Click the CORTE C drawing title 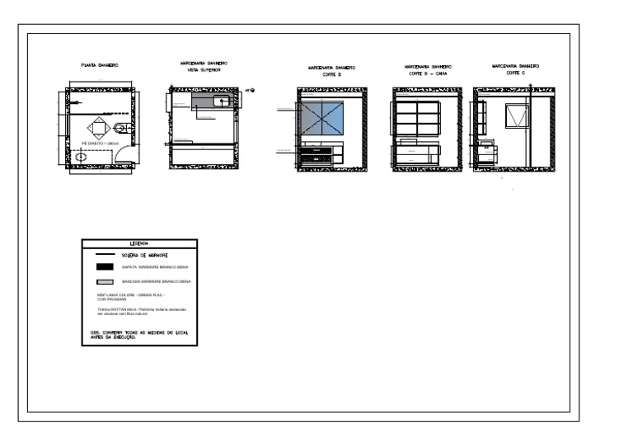coord(514,72)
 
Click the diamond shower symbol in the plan coord(98,126)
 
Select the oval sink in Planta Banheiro coord(82,155)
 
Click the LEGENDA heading coord(138,243)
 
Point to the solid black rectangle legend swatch coord(105,267)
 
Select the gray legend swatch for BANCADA coord(105,282)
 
